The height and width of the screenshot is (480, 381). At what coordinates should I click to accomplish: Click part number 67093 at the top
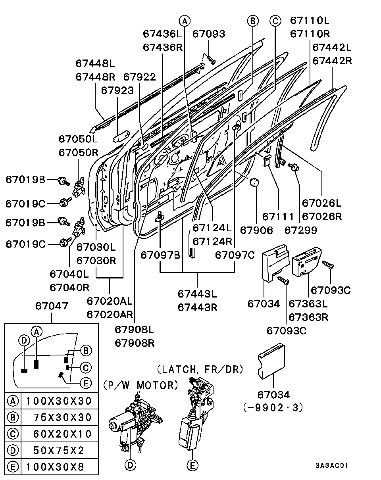[208, 34]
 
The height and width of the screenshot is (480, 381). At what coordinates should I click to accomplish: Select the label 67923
[117, 90]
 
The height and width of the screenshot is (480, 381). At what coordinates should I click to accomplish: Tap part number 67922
[139, 77]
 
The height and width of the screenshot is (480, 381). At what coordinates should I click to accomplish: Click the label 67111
[278, 217]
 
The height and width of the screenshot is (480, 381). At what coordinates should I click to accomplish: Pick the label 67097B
[160, 255]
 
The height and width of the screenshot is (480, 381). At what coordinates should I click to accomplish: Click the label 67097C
[235, 255]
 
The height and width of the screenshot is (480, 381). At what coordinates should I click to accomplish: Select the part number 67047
[52, 306]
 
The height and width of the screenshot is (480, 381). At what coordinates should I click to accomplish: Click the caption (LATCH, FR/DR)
[200, 370]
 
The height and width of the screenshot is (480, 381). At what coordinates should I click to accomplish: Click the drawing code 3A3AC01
[332, 465]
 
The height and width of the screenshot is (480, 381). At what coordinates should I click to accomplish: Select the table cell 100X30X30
[59, 401]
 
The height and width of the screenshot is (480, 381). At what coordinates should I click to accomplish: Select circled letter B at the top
[253, 21]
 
